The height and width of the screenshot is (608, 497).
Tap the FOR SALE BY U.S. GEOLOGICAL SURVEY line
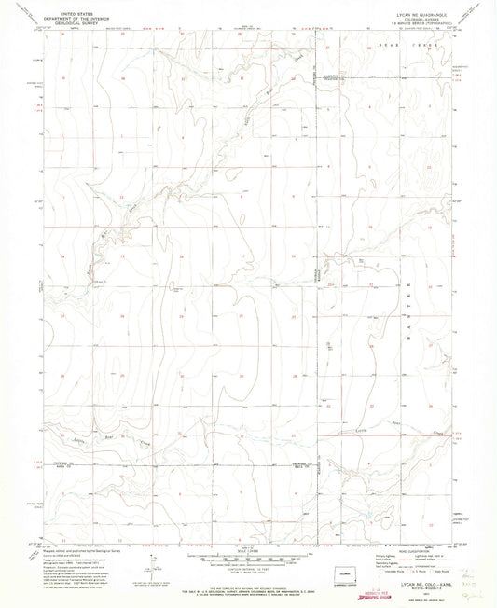248,583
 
